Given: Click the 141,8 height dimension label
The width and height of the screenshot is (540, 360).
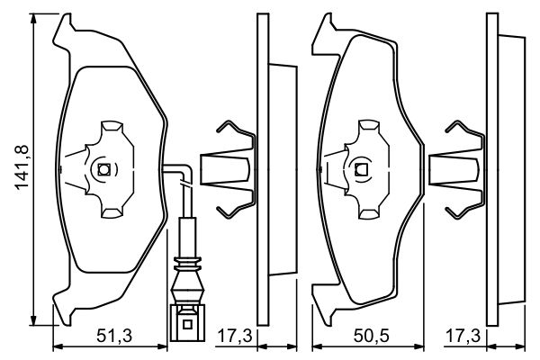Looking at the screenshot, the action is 22,167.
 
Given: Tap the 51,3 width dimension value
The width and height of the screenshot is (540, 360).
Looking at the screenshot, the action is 114,336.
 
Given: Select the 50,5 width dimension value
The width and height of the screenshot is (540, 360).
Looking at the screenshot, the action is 371,336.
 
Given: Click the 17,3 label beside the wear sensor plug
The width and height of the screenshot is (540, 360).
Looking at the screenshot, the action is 236,336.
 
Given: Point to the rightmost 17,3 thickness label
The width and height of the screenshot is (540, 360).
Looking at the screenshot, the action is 463,336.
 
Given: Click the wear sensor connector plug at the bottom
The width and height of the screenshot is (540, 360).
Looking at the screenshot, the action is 187,322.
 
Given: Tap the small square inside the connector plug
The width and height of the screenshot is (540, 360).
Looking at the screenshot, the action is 187,324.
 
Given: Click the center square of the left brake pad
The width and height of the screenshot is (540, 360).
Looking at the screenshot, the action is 103,169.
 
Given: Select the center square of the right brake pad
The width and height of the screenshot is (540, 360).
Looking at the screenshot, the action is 361,169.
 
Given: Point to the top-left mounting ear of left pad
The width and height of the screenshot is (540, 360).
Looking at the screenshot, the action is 64,32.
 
